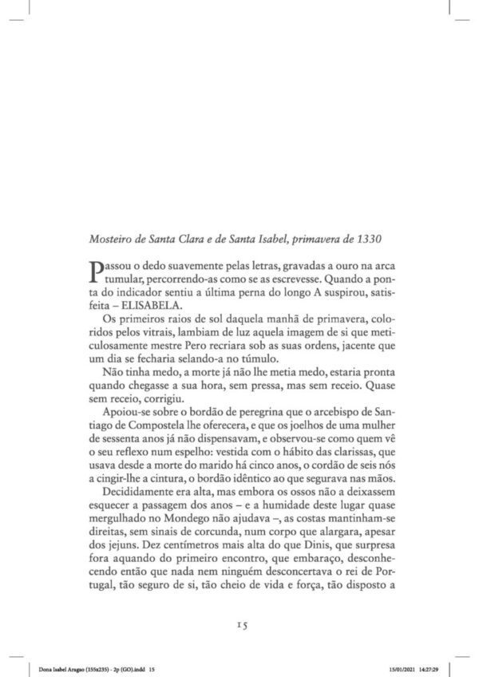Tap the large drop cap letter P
point(97,271)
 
